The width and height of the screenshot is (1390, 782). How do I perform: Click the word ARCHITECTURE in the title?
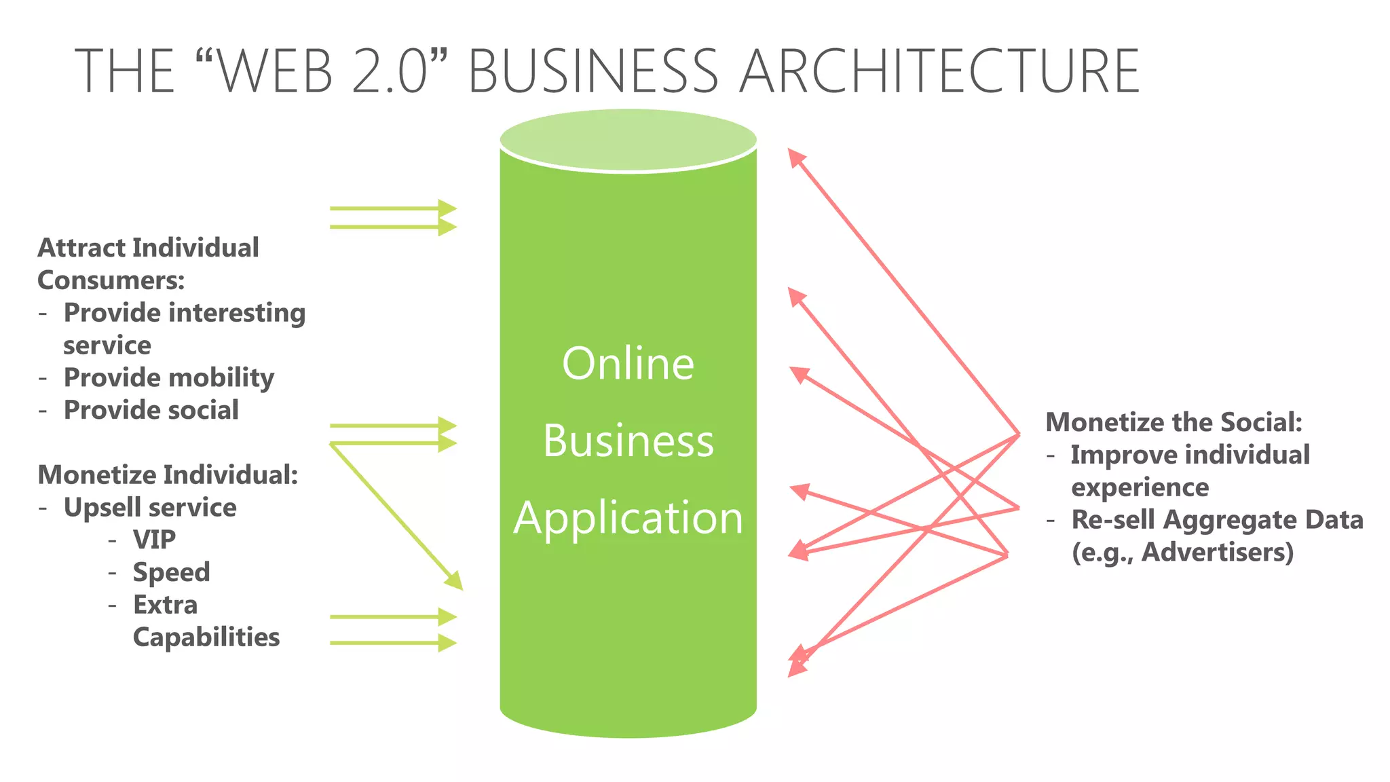click(939, 71)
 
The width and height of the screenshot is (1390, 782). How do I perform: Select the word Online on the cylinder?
click(628, 364)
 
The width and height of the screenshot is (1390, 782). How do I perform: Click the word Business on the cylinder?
click(628, 441)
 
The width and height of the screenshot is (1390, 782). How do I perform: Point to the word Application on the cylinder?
click(628, 518)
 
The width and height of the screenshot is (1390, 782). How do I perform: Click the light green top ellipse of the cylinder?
click(628, 139)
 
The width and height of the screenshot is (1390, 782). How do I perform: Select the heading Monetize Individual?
click(168, 475)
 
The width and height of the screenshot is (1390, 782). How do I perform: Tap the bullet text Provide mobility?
click(168, 378)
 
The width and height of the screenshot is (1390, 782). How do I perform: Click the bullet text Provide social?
click(151, 410)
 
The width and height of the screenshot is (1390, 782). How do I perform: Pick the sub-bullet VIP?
click(154, 540)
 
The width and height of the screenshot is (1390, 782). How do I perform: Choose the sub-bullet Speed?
click(171, 572)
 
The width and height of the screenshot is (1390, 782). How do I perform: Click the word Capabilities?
click(206, 637)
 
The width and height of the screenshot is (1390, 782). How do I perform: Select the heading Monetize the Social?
click(1173, 422)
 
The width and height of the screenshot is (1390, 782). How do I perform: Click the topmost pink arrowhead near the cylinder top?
click(795, 157)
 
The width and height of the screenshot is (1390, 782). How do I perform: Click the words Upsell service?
click(150, 508)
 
